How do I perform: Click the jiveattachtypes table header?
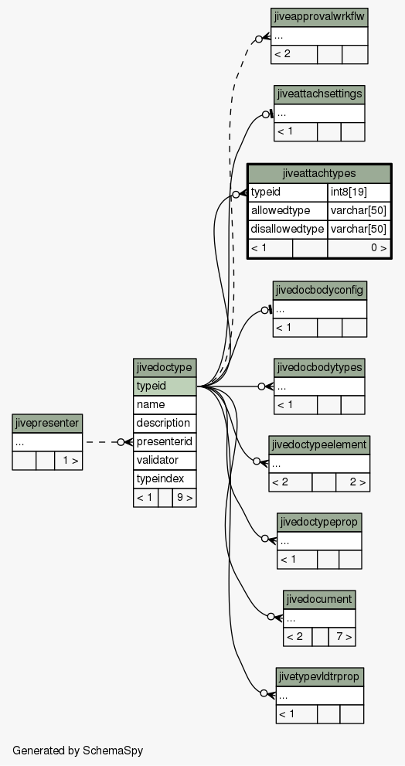(x=319, y=173)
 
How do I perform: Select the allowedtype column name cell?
(x=288, y=210)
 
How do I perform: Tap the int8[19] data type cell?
(x=359, y=192)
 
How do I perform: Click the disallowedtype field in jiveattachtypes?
(x=288, y=229)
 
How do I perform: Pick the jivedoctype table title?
(x=165, y=368)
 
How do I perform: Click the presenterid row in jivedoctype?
(x=165, y=441)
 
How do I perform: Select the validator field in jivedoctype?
(x=165, y=460)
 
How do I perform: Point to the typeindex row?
(x=165, y=478)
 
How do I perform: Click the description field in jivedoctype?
(x=165, y=423)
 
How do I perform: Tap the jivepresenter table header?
(x=47, y=423)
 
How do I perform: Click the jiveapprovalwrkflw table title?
(x=319, y=18)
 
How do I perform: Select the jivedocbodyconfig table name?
(x=319, y=290)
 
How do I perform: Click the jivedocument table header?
(x=319, y=599)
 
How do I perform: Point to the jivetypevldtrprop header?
(x=319, y=677)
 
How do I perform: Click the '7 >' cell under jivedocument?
(x=342, y=637)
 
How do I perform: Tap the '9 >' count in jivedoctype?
(x=184, y=498)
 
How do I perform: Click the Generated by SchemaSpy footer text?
(x=78, y=751)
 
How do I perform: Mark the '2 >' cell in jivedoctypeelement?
(x=352, y=482)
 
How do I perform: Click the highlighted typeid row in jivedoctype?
(x=165, y=386)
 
